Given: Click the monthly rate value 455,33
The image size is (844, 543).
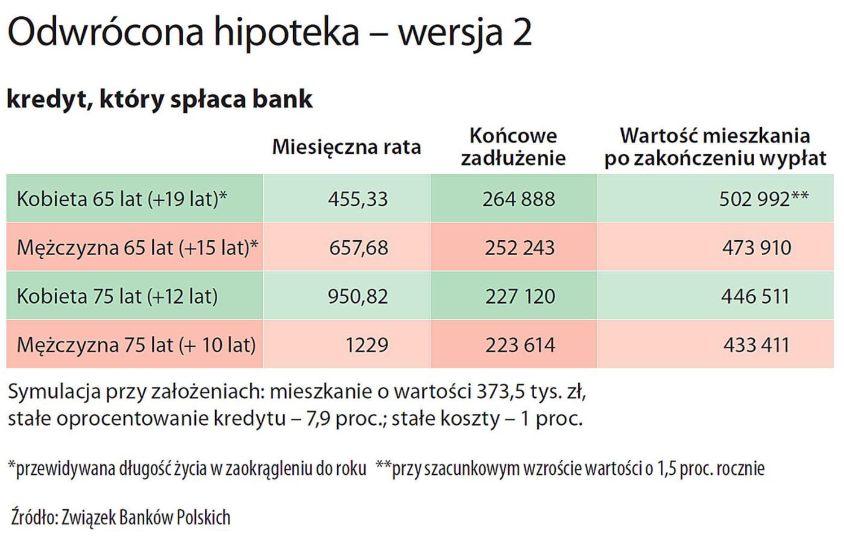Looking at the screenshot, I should pos(357,199).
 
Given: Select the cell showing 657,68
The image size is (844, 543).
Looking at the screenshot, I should pos(359,247).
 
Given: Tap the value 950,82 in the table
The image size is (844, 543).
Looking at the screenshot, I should pos(357,296).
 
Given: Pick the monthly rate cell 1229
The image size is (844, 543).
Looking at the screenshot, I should pos(367,345).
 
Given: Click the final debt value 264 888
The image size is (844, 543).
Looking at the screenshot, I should pos(518,199).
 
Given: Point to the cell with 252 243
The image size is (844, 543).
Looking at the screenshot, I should pos(520,247).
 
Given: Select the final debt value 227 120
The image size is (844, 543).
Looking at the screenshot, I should pos(520,296).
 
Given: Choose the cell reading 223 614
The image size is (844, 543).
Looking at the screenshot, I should pos(520,345).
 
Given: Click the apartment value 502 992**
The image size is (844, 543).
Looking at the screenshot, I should pos(763,198).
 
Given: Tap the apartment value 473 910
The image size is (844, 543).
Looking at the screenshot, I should pos(757,247).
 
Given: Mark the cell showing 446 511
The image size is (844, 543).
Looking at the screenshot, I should pos(755,296).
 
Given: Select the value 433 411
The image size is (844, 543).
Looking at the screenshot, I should pos(756,345).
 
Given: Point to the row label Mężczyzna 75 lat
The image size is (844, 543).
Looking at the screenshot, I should pos(136,345).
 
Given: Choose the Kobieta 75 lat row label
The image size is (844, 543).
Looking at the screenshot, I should pos(117,296).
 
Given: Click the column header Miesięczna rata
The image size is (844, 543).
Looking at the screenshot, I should pos(346,147).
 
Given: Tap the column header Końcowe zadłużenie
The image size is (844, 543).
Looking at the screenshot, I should pos(513,147).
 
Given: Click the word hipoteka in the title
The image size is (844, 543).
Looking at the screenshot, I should pos(286,33).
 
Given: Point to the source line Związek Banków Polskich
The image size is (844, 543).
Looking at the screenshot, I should pos(145,517).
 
